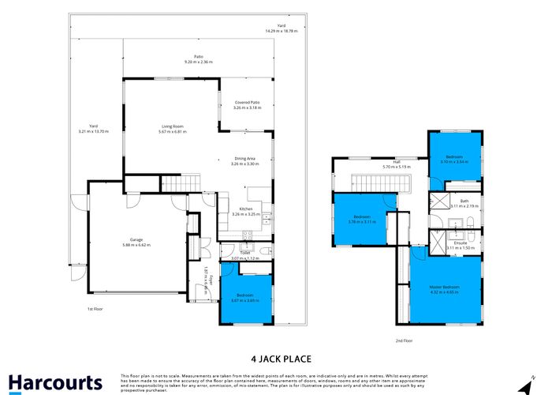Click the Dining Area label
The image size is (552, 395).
pos(244,160)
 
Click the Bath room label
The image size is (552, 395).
pos(464,202)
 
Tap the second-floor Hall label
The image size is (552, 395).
pos(396,164)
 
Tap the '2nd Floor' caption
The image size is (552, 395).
pos(404,341)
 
